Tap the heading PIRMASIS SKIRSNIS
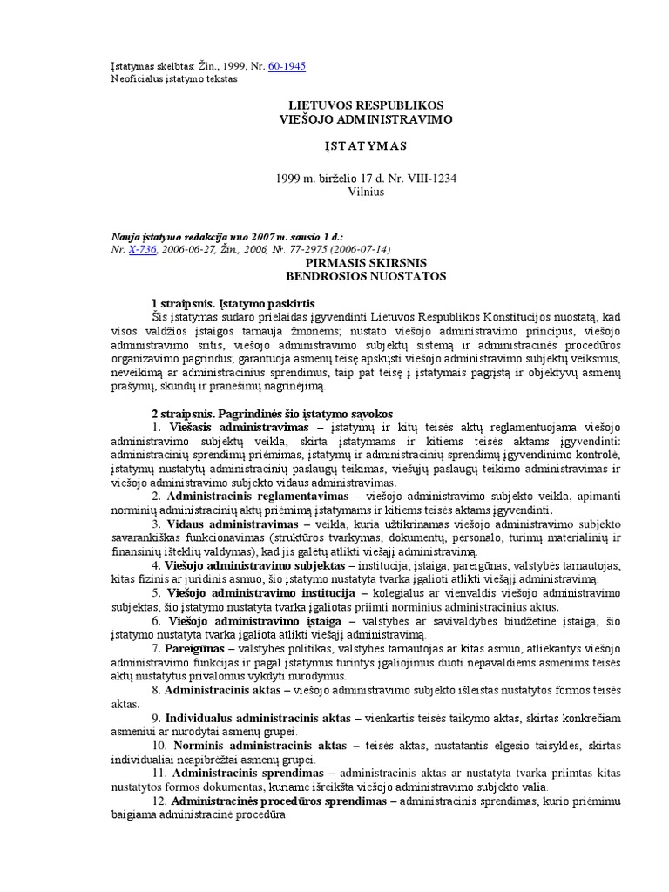(365, 261)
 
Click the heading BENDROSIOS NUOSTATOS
(365, 275)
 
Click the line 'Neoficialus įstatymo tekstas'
(174, 78)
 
